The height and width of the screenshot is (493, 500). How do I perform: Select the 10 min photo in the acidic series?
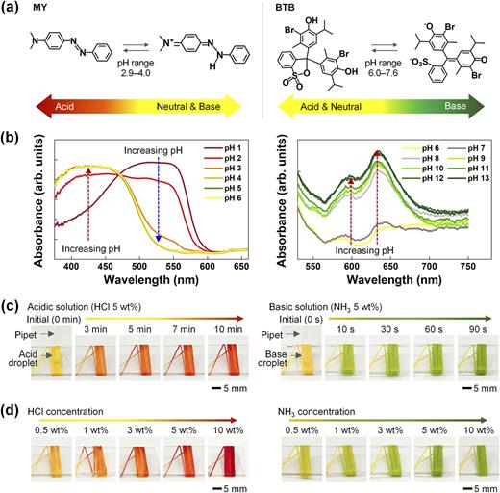tap(229, 357)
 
